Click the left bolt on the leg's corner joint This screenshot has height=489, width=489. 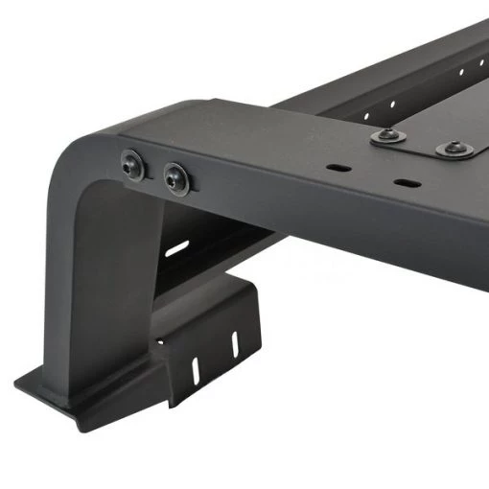tap(132, 167)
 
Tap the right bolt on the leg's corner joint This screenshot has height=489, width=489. tap(176, 177)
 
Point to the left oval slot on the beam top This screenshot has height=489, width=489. tap(338, 167)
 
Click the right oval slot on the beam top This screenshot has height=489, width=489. tap(405, 180)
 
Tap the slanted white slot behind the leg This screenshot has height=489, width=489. tap(176, 248)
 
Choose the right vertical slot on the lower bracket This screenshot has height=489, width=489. tap(232, 342)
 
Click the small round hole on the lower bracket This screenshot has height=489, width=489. tap(160, 342)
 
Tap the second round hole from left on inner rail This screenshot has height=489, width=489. tap(392, 103)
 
